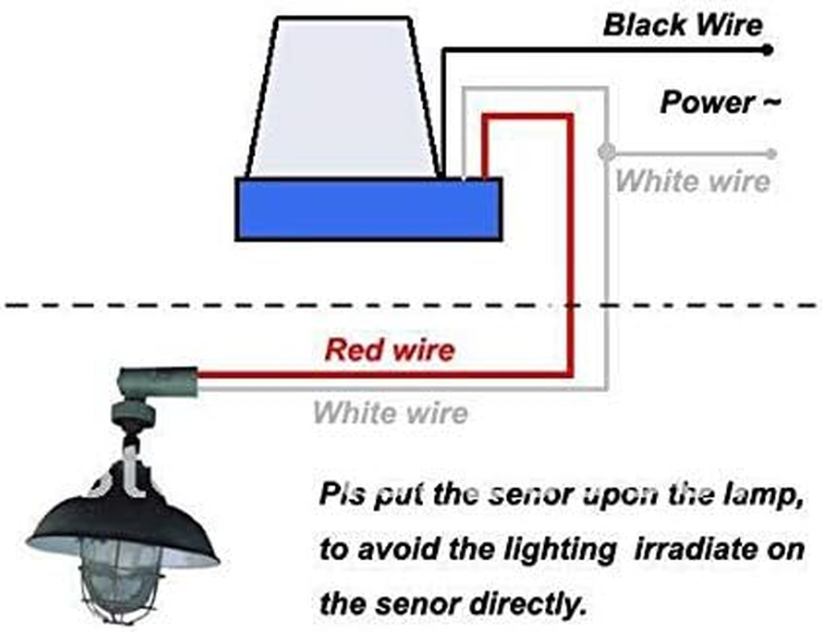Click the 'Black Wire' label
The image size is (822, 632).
[683, 24]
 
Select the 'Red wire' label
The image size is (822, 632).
[390, 349]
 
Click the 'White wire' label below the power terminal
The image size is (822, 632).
[692, 180]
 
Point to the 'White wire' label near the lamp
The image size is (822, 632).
[390, 412]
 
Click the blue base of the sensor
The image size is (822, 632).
[369, 209]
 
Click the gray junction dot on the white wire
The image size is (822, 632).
[606, 151]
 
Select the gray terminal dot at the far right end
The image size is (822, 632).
[771, 153]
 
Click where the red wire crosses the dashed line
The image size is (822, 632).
[568, 305]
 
